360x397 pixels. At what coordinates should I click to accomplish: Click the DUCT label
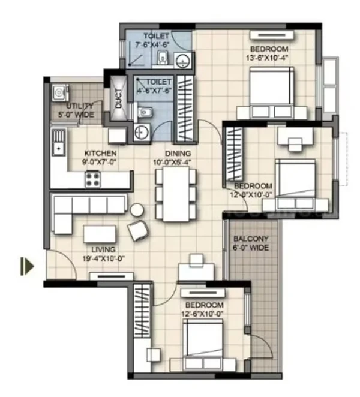coord(119,98)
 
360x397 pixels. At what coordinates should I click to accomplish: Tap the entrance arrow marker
coord(27,266)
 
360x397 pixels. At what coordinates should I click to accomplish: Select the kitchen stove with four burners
coord(92,179)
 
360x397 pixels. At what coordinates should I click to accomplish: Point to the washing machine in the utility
coord(61,93)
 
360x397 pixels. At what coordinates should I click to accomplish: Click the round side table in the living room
coord(137,210)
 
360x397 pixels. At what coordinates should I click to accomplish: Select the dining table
coord(176,194)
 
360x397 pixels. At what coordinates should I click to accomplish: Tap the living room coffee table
coord(100,234)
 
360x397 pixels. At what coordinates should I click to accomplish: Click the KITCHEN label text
coord(100,153)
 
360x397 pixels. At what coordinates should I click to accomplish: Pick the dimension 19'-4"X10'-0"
coord(103,258)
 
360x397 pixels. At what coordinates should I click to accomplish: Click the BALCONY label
coord(251,239)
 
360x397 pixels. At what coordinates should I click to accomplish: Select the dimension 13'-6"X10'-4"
coord(267,58)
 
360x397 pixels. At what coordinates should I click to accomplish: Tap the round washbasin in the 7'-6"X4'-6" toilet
coord(182,61)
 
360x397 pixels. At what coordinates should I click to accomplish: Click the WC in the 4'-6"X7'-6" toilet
coord(143,111)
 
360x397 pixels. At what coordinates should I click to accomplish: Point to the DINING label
coord(178,153)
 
